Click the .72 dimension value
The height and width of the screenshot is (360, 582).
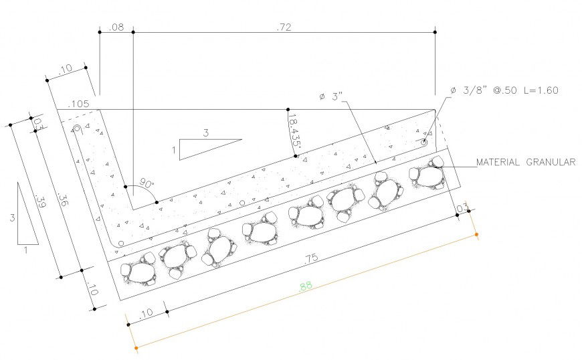pos(284,27)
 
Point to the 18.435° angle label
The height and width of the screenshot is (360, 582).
pos(293,132)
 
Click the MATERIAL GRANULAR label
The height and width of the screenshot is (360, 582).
pos(525,162)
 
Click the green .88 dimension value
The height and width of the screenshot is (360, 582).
pos(306,286)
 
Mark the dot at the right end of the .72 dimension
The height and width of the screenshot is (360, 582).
pos(435,31)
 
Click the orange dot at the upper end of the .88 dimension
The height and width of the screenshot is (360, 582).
pos(477,235)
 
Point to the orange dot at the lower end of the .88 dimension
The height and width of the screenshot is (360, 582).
pos(136,348)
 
